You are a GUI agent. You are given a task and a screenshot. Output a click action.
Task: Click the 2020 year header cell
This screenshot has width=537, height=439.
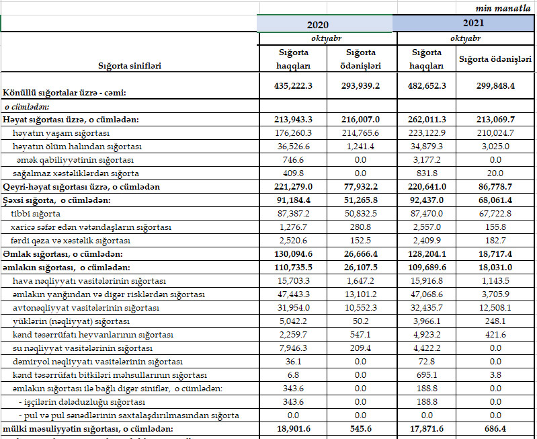pyautogui.click(x=326, y=24)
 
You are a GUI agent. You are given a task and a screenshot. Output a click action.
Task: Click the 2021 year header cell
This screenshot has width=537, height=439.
pyautogui.click(x=463, y=23)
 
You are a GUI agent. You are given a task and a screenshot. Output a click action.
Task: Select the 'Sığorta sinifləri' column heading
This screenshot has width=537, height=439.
pyautogui.click(x=130, y=66)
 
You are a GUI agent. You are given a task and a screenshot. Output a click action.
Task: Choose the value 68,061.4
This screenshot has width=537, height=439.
pyautogui.click(x=496, y=200)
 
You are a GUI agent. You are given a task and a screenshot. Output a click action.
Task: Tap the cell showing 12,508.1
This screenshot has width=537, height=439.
pyautogui.click(x=497, y=307)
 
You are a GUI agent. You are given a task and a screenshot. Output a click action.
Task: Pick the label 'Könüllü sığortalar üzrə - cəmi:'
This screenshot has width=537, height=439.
pyautogui.click(x=65, y=92)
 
